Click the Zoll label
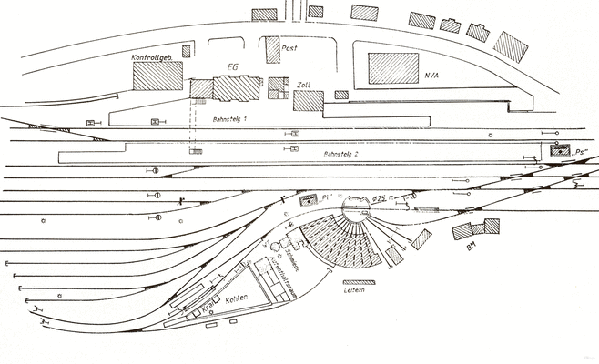point(304,84)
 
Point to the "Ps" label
point(582,152)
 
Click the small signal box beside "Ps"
point(559,150)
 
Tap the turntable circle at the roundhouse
point(354,211)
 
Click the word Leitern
point(353,291)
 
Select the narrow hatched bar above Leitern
point(353,280)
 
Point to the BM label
point(472,246)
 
